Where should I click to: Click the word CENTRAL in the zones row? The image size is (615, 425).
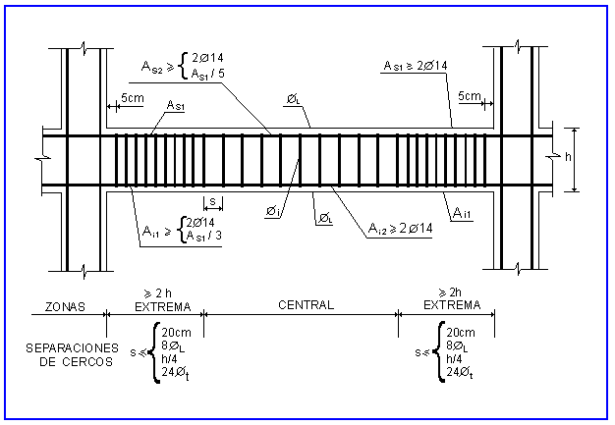pyautogui.click(x=307, y=305)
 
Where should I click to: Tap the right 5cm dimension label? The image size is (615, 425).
pyautogui.click(x=470, y=96)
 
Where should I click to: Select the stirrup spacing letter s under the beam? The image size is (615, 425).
pyautogui.click(x=211, y=202)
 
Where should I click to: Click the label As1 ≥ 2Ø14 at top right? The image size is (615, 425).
pyautogui.click(x=415, y=66)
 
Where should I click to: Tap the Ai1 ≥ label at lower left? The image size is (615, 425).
pyautogui.click(x=156, y=233)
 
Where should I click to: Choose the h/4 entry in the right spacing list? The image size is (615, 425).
pyautogui.click(x=458, y=359)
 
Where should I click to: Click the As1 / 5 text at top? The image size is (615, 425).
pyautogui.click(x=206, y=75)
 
